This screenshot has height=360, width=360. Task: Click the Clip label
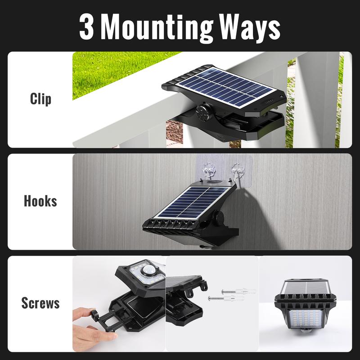click(40, 99)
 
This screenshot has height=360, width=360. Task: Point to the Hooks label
click(40, 201)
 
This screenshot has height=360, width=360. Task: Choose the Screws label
click(40, 303)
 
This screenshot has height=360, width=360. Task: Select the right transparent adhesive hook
click(237, 173)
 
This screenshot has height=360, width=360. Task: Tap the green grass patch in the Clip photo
click(112, 72)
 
